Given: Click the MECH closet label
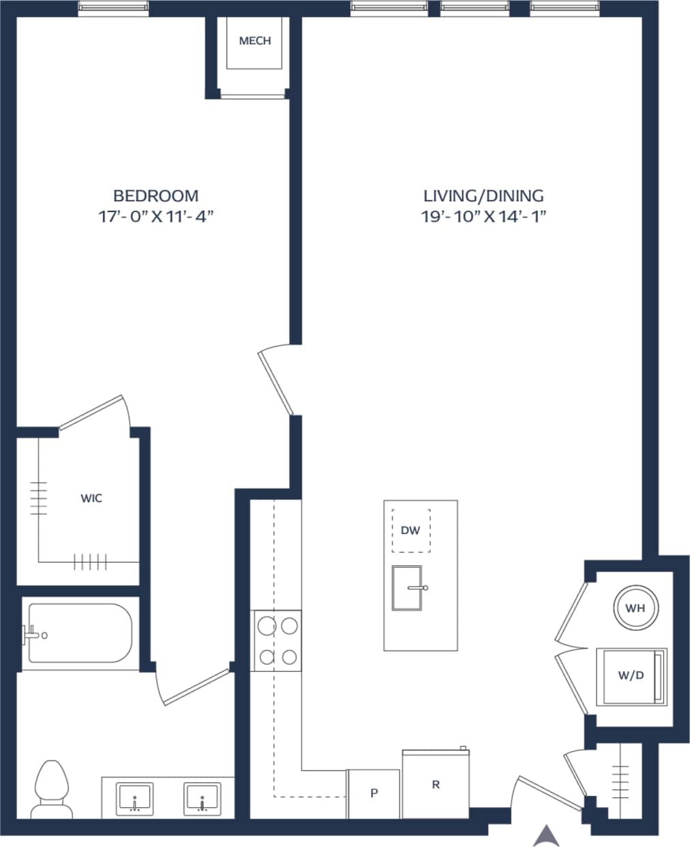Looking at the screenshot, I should coord(254,41).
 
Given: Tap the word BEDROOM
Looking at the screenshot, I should coord(155,196).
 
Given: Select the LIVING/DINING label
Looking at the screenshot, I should coord(483,196).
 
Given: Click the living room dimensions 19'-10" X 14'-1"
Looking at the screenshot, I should coord(484,217).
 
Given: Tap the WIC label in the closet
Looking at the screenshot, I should coord(91,499).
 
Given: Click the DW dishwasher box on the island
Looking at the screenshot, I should coord(410,530).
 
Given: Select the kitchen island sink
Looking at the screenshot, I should coord(407,587).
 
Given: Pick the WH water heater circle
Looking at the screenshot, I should coord(635,608).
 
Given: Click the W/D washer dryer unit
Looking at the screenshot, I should coord(630,676).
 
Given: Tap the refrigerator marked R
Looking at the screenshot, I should coord(436,784).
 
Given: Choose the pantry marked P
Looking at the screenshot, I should coord(374,794).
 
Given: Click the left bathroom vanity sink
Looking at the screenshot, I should coord(135,799).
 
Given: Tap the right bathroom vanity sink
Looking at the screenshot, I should coord(202,799).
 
